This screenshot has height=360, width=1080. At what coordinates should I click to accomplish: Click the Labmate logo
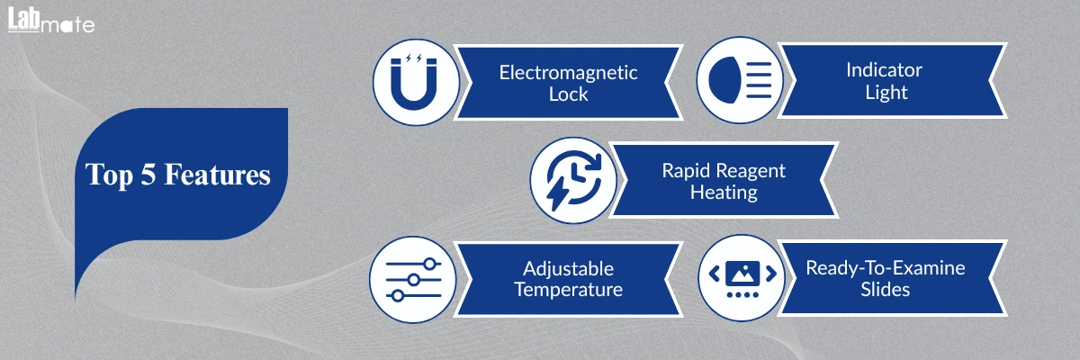(x=51, y=20)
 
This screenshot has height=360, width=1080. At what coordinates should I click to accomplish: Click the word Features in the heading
(x=217, y=174)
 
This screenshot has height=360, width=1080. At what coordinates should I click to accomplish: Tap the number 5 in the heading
(x=148, y=174)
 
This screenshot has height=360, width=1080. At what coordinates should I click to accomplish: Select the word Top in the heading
(x=109, y=175)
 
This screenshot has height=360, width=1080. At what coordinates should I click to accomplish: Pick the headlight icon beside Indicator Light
(x=740, y=80)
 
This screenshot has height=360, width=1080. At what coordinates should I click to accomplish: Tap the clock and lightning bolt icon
(x=574, y=180)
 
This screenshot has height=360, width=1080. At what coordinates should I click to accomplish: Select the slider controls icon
(x=414, y=280)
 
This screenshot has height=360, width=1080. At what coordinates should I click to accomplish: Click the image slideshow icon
(x=742, y=278)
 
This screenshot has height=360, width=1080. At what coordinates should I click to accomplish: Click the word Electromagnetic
(x=568, y=73)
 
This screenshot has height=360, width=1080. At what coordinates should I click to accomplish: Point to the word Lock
(x=569, y=94)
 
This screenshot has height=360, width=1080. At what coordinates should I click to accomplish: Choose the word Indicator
(x=884, y=70)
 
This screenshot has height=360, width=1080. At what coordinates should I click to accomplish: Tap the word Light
(x=886, y=92)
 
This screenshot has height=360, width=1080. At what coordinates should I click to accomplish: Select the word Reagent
(x=752, y=171)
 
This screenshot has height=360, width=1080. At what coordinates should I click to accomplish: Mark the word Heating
(x=724, y=193)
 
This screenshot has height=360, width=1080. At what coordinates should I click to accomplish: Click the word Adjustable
(x=569, y=269)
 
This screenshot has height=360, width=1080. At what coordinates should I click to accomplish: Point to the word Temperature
(x=569, y=290)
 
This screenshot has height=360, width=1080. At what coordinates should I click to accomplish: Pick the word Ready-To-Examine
(x=886, y=268)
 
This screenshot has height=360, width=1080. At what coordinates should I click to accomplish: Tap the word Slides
(x=886, y=290)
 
